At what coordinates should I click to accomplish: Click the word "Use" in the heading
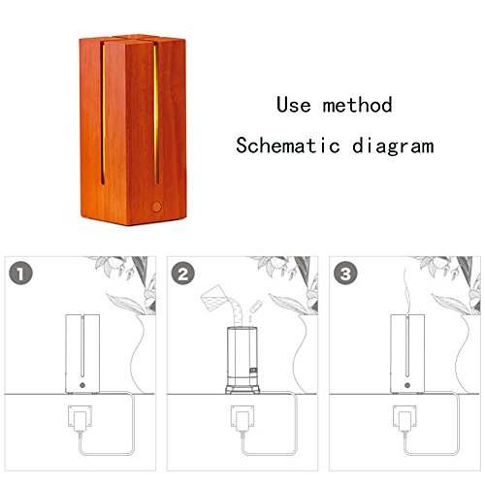click(294, 105)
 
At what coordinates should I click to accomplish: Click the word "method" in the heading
click(357, 105)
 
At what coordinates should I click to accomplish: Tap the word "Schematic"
click(287, 145)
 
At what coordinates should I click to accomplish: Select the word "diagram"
click(393, 146)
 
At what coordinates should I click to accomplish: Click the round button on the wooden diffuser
click(157, 207)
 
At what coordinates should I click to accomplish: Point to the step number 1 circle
click(20, 274)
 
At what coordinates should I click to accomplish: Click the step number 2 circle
click(183, 274)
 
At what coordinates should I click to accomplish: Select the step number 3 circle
click(345, 274)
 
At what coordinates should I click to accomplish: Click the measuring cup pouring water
click(213, 298)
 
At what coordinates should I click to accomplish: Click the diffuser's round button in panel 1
click(82, 385)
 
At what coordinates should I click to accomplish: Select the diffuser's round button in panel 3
click(407, 385)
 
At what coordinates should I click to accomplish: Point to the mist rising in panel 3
click(406, 291)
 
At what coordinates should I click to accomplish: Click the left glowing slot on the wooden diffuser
click(103, 114)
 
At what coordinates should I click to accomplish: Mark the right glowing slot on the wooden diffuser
click(156, 114)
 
